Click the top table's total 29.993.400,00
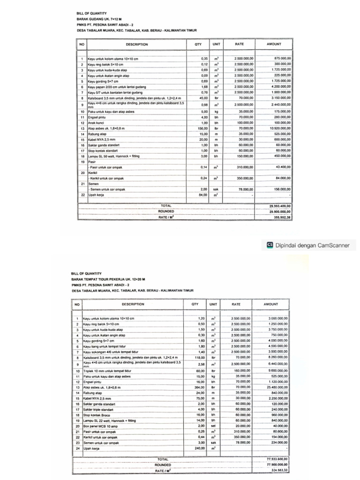pos(279,205)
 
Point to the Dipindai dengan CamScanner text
pos(309,244)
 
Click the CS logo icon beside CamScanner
pos(269,244)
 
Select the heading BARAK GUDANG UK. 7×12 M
pos(95,19)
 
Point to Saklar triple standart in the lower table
pos(99,409)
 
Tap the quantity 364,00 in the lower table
pos(201,388)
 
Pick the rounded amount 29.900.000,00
pos(279,211)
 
